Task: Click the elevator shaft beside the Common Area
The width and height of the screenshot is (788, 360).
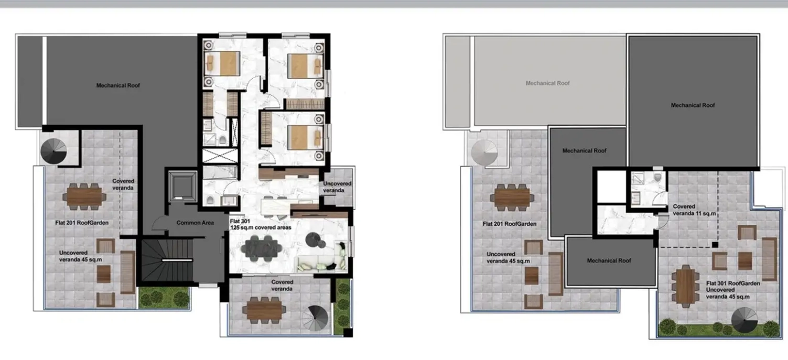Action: [182, 186]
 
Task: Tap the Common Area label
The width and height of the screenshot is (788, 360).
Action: [195, 223]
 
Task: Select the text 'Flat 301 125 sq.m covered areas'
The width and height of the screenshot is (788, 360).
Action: [261, 224]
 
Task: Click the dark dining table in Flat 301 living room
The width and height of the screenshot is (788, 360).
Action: [262, 248]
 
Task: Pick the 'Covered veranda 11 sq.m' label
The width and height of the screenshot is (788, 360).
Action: [694, 210]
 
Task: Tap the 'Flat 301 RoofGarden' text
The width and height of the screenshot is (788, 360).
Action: [733, 283]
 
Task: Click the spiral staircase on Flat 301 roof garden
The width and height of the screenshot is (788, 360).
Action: [744, 320]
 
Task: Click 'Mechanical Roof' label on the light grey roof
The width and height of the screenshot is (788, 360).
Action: [547, 83]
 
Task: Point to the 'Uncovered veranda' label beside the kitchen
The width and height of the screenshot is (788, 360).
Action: [337, 187]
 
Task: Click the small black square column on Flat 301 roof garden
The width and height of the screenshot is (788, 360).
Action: [715, 245]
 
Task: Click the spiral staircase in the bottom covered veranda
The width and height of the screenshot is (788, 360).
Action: [315, 318]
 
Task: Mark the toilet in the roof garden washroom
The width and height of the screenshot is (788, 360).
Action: [657, 178]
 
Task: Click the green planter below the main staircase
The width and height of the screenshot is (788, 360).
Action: [164, 298]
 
